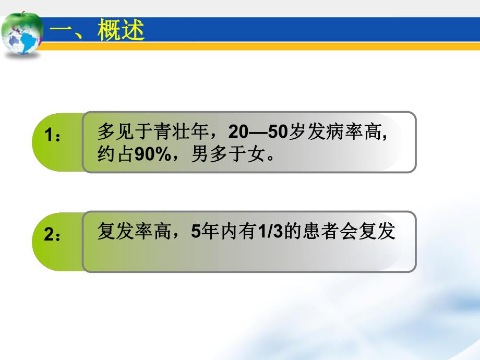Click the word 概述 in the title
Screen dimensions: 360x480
click(121, 31)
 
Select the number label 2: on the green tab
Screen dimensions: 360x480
click(52, 235)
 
